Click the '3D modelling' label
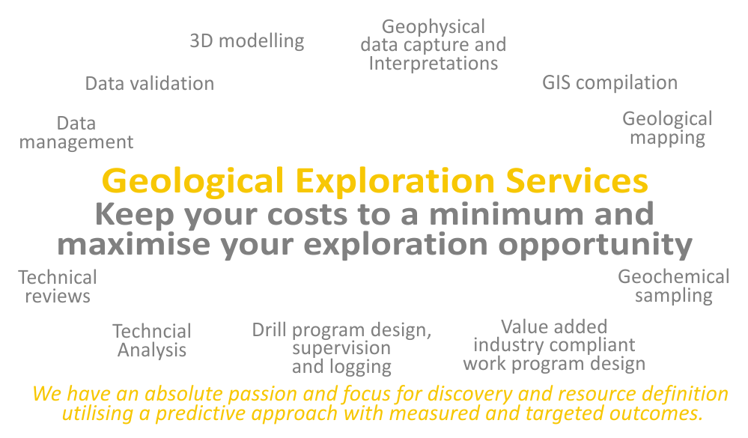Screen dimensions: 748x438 point(246,41)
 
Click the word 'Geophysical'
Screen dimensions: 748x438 point(434,28)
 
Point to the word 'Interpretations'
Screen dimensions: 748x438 point(434,64)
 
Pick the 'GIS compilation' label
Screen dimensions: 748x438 point(609,83)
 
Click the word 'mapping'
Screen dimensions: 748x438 point(667,139)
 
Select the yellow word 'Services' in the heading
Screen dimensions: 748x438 point(577,181)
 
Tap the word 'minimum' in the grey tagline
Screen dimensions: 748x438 point(506,213)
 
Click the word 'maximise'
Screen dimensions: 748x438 point(133,244)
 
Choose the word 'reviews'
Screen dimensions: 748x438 point(58,296)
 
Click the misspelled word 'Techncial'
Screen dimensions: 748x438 point(152,331)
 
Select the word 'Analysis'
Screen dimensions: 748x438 point(152,350)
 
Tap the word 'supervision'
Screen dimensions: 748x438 point(341,349)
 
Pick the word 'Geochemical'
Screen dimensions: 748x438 point(674,277)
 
